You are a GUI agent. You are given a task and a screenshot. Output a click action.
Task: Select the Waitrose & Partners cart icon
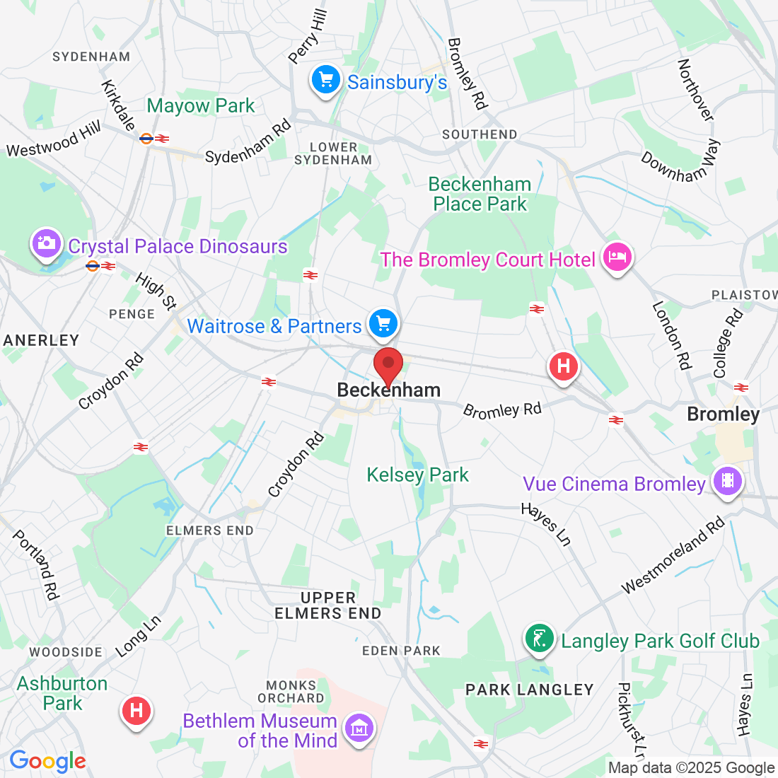coord(383,323)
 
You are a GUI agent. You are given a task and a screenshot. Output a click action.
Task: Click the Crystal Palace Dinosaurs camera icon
coord(46,243)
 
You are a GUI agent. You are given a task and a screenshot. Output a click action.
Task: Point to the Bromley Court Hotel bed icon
coord(617,257)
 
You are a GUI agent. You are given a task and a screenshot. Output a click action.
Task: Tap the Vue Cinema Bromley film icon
coord(728,482)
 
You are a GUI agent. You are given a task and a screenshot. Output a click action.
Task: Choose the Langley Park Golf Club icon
coord(540,639)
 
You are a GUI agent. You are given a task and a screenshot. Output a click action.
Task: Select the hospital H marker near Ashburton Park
coord(137,709)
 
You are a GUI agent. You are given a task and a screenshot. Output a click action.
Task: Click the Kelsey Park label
coord(417,475)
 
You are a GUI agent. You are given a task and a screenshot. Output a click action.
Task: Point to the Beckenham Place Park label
coord(480,194)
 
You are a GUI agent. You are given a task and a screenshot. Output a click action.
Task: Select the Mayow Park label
coord(201,106)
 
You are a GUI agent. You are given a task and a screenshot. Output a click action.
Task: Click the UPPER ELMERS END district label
coord(328,605)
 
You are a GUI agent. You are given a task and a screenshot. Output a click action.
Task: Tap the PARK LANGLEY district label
coord(529,690)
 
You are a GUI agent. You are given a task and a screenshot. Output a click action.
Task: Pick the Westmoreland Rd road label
coord(673,555)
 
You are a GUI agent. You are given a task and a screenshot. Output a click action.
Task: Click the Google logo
coord(47,761)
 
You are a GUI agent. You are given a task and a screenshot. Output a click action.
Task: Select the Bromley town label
coord(723,414)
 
